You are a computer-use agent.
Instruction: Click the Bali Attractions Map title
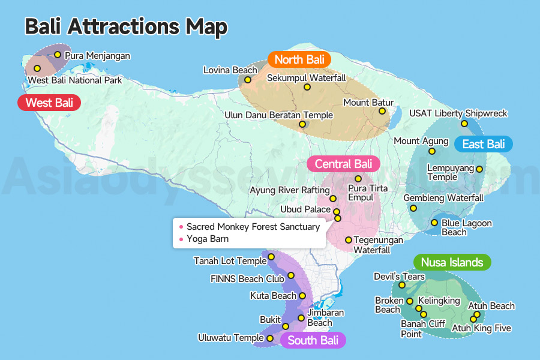tap(126, 27)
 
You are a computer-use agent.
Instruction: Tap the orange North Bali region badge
tap(299, 59)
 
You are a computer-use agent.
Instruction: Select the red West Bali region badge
tap(49, 103)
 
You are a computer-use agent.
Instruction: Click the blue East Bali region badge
tap(484, 144)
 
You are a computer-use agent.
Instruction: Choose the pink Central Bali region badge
tap(343, 164)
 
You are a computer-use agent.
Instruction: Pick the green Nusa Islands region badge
tap(452, 262)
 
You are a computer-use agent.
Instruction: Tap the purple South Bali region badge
tap(313, 341)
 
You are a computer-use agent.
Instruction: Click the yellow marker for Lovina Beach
tap(247, 80)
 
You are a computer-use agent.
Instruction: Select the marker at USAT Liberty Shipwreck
tap(464, 124)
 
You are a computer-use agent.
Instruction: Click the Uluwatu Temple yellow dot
tap(270, 338)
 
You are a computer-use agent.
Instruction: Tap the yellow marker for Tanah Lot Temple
tap(271, 257)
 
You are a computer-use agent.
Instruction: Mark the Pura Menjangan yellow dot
tap(58, 55)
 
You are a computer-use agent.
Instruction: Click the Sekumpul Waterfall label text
tap(306, 78)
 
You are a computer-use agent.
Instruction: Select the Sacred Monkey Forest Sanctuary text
tap(253, 227)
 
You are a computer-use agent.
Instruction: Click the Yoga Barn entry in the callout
tap(208, 239)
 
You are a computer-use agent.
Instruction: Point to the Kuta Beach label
tap(273, 296)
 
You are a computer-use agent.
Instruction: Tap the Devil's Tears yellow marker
tap(402, 285)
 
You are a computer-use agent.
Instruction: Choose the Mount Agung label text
tap(421, 141)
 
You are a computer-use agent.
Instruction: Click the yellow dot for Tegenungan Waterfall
tap(348, 240)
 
